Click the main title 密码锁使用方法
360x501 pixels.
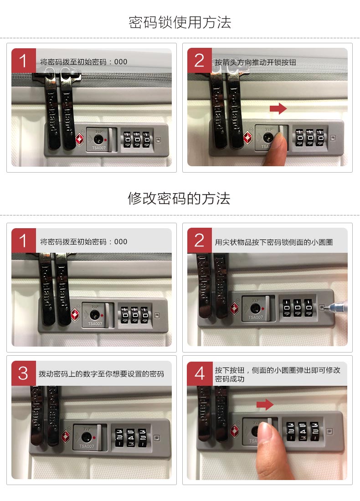[x=180, y=22]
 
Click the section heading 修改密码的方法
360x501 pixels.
[x=179, y=199]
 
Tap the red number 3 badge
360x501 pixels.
[x=24, y=373]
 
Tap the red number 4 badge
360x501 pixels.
[x=200, y=373]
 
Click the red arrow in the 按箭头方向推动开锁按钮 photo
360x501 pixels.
[x=278, y=108]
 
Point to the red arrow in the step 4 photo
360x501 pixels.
[x=265, y=404]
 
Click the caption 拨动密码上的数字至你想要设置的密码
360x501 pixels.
[x=101, y=374]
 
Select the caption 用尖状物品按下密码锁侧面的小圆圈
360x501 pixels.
[x=274, y=242]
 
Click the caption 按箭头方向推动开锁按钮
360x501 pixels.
[x=256, y=62]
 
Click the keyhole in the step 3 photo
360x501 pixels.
[x=87, y=437]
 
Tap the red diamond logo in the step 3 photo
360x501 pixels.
[x=66, y=436]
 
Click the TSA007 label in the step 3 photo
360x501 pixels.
[x=87, y=446]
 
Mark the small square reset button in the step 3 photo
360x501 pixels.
[x=157, y=438]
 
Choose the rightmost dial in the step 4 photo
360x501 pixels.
[x=314, y=431]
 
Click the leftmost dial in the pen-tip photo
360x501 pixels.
[x=287, y=308]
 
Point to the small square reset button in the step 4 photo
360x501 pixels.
[x=329, y=431]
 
